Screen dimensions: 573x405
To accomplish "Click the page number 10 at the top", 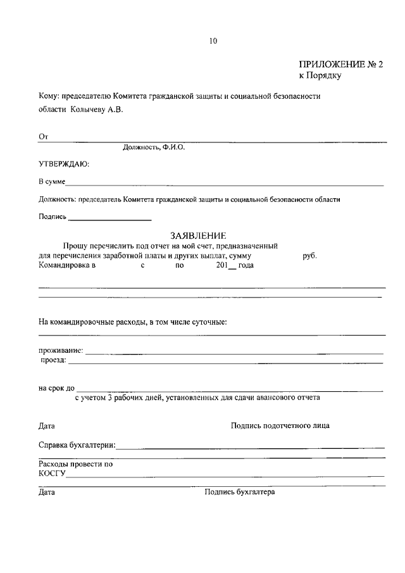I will pyautogui.click(x=213, y=42).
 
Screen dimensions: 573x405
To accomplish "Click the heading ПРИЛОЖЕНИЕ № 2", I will pyautogui.click(x=341, y=64).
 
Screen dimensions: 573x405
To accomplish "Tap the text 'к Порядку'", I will pyautogui.click(x=320, y=75).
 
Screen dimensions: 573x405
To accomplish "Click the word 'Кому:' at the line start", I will pyautogui.click(x=48, y=96).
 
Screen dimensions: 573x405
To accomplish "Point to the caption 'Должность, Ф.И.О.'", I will pyautogui.click(x=154, y=147).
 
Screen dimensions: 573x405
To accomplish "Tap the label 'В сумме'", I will pyautogui.click(x=52, y=182).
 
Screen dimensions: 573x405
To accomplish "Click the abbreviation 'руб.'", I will pyautogui.click(x=310, y=256).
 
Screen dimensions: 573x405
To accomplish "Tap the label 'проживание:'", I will pyautogui.click(x=61, y=350).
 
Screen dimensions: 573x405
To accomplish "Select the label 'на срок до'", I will pyautogui.click(x=56, y=388).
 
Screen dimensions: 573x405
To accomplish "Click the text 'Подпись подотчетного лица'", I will pyautogui.click(x=280, y=425).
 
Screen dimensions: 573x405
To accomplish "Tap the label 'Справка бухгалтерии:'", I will pyautogui.click(x=77, y=445).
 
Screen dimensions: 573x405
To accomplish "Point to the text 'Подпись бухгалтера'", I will pyautogui.click(x=240, y=491).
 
